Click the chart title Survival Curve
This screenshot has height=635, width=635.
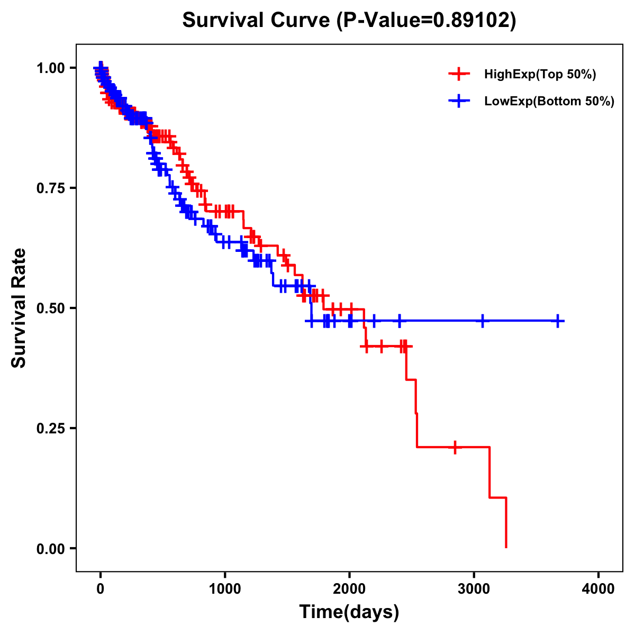point(258,20)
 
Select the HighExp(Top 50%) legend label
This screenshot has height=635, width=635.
point(540,75)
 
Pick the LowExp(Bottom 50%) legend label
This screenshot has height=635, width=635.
point(549,102)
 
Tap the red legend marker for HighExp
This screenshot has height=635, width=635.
point(459,75)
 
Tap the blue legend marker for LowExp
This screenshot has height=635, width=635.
point(459,101)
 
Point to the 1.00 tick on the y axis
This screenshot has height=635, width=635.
point(51,68)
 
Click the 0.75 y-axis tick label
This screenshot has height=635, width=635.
point(51,188)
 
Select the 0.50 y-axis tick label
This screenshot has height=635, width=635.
point(51,308)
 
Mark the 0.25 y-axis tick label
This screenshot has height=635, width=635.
point(51,428)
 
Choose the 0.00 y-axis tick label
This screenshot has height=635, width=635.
point(51,548)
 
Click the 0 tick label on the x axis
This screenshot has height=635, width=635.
point(101,589)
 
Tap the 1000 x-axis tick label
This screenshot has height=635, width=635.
point(225,589)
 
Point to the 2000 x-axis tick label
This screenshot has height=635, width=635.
point(349,589)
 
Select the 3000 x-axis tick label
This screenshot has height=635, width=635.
point(474,589)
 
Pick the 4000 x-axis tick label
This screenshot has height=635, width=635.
point(598,589)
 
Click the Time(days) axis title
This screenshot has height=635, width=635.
point(349,612)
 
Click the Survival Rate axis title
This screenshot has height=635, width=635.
point(19,308)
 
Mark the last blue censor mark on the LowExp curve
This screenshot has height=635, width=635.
point(558,321)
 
